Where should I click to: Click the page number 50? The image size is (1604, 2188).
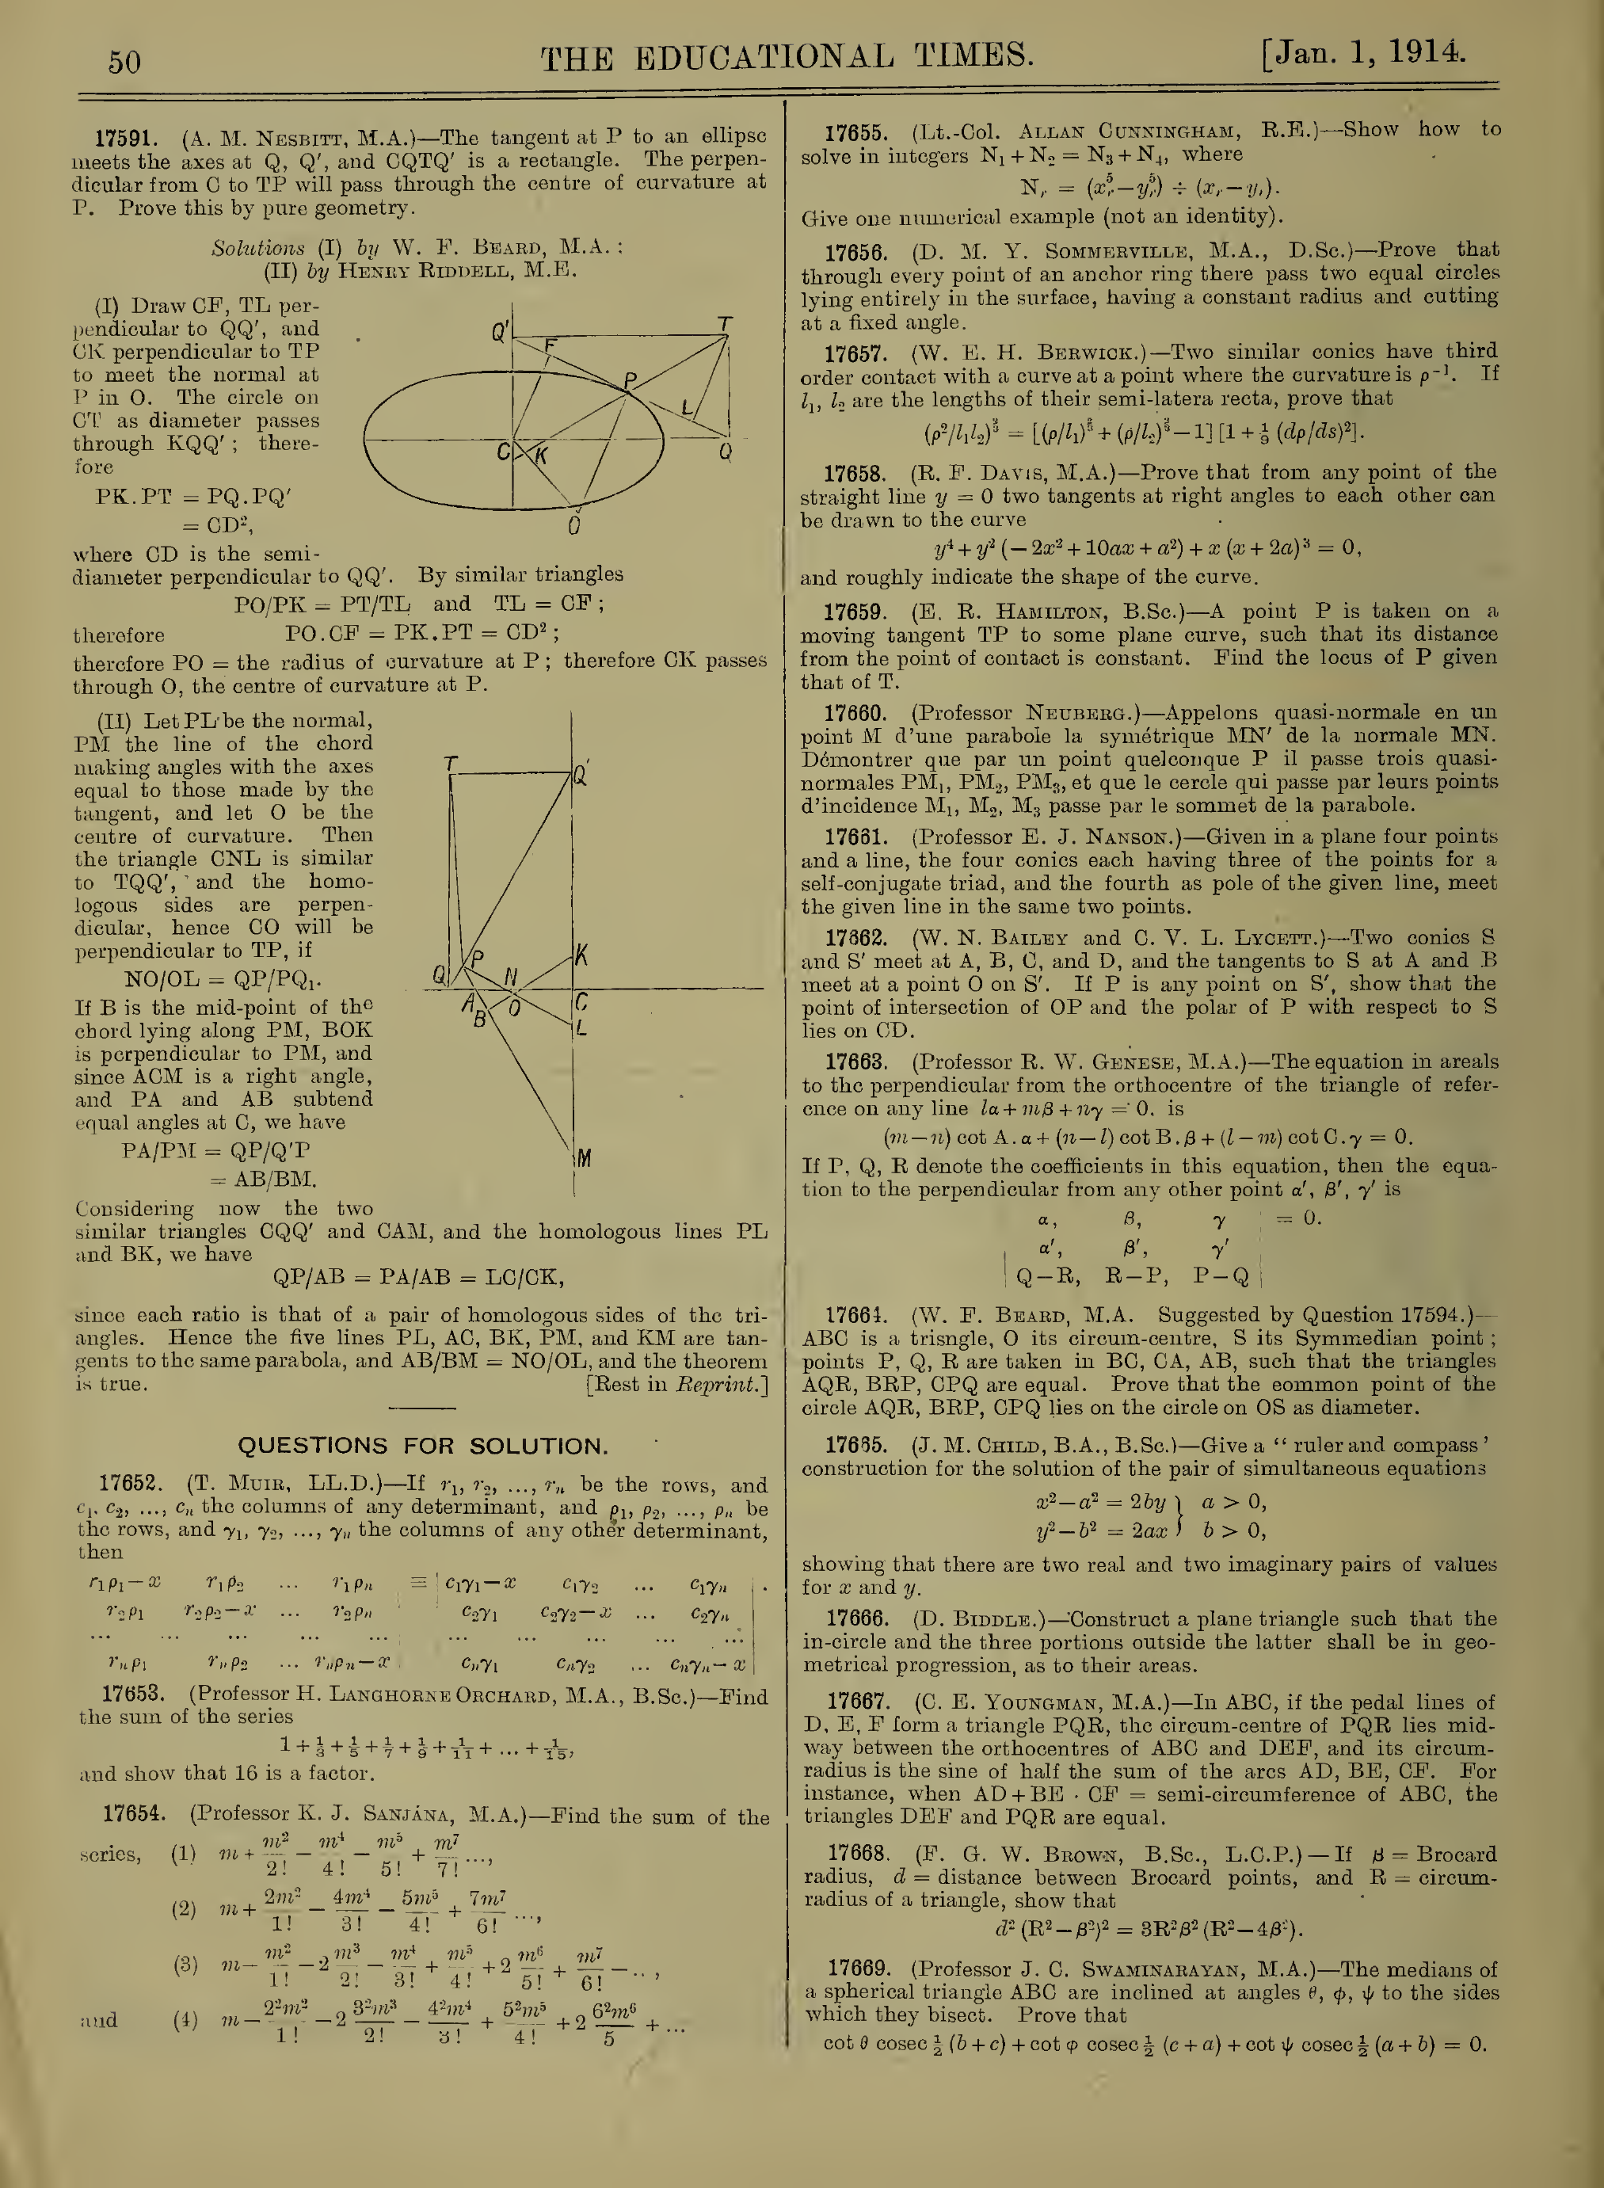click(124, 62)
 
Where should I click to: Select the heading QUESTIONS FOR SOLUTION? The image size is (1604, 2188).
click(422, 1446)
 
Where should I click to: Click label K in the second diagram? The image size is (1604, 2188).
click(581, 955)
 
